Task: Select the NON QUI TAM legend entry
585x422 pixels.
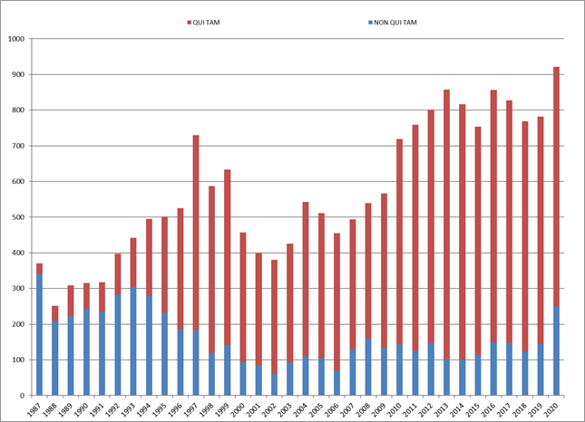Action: (x=397, y=22)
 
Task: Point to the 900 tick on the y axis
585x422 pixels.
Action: (x=15, y=75)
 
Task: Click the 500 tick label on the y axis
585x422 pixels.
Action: (x=15, y=217)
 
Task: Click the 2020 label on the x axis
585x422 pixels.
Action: (x=555, y=408)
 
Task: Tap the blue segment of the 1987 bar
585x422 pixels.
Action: (x=40, y=334)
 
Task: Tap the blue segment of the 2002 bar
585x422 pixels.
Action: (x=274, y=385)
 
